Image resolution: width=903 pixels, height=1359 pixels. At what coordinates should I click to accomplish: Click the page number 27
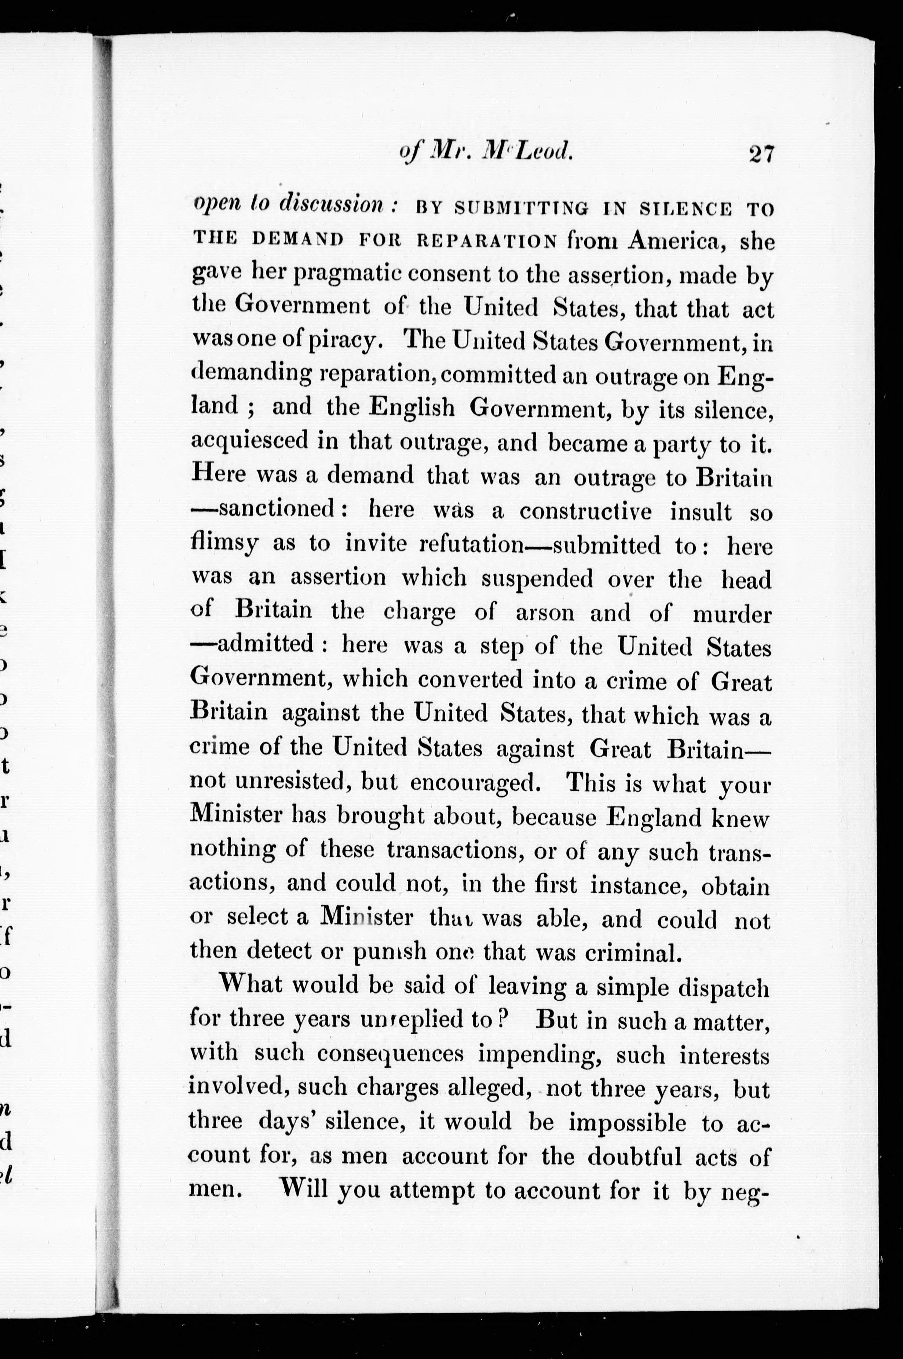(x=762, y=154)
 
